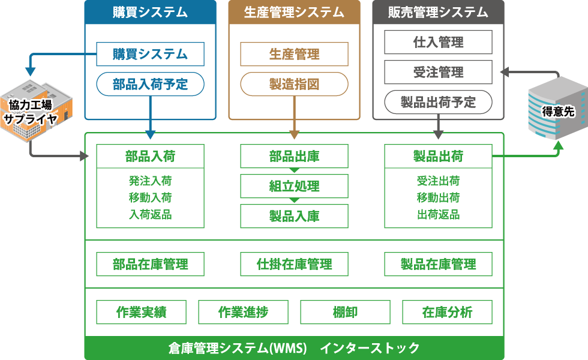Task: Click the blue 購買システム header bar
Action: pyautogui.click(x=150, y=12)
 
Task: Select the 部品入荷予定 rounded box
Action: pyautogui.click(x=150, y=84)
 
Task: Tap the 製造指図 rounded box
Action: pyautogui.click(x=294, y=84)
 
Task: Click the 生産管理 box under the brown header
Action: pyautogui.click(x=294, y=54)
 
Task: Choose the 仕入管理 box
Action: pyautogui.click(x=438, y=42)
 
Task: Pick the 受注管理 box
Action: pyautogui.click(x=438, y=72)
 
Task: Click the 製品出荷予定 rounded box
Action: pyautogui.click(x=438, y=102)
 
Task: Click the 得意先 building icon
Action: pyautogui.click(x=555, y=108)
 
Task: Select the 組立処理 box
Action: pyautogui.click(x=294, y=186)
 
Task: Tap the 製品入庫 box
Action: pyautogui.click(x=294, y=216)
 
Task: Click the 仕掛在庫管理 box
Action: pyautogui.click(x=294, y=264)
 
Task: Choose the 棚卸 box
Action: pyautogui.click(x=345, y=312)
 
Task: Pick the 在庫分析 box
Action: pyautogui.click(x=447, y=312)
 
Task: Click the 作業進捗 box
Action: pyautogui.click(x=243, y=312)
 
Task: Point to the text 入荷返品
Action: pyautogui.click(x=150, y=214)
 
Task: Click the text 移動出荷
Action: pyautogui.click(x=438, y=197)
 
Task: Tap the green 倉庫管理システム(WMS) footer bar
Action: pyautogui.click(x=294, y=348)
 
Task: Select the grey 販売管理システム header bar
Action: pyautogui.click(x=438, y=12)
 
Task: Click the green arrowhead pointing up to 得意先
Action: pyautogui.click(x=559, y=145)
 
